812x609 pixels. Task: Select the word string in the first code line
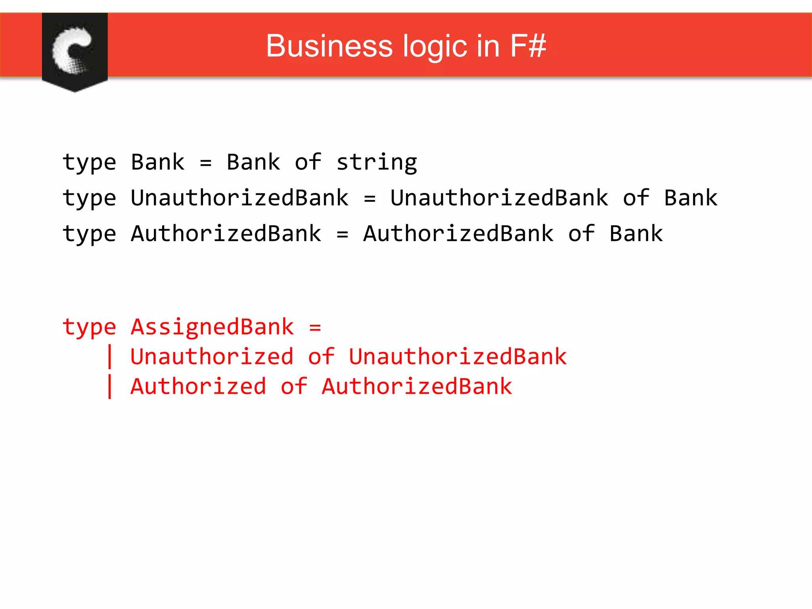click(x=376, y=163)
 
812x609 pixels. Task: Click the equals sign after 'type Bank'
click(x=205, y=163)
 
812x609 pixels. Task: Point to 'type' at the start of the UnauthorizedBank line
click(x=89, y=198)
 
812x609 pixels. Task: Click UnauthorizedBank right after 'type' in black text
click(x=239, y=198)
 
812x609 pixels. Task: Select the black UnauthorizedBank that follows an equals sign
click(x=499, y=198)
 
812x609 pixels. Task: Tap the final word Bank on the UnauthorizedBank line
click(x=690, y=198)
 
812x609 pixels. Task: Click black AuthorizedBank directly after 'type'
click(x=226, y=234)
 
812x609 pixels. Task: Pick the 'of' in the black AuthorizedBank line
click(x=581, y=234)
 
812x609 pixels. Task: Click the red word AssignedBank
click(x=212, y=327)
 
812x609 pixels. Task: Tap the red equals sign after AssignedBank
click(x=315, y=327)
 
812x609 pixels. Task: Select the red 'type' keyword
click(x=89, y=327)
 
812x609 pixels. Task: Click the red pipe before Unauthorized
click(x=110, y=357)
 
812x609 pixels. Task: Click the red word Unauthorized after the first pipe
click(x=212, y=357)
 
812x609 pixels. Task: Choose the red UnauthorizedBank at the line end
click(x=458, y=357)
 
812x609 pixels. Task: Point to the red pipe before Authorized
click(x=110, y=387)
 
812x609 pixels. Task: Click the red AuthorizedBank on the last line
click(x=417, y=387)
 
